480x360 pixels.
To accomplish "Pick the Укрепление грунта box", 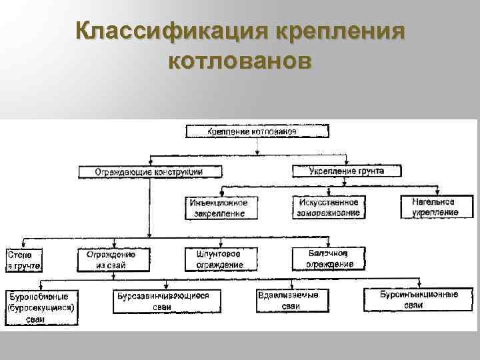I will pos(347,171).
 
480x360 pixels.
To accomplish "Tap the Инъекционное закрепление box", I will pos(219,207).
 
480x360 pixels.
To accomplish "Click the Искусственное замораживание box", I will pos(327,207).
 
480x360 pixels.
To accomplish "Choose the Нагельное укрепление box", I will pos(434,207).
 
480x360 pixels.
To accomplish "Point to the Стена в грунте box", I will pos(24,260).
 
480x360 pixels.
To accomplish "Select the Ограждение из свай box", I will pos(111,259).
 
